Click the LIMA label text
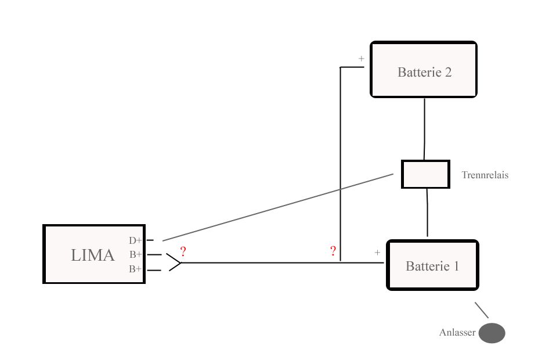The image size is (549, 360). coord(93,255)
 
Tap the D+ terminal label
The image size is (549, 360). coord(135,240)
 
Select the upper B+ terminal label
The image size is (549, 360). coord(135,254)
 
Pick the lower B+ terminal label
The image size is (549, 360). coord(135,269)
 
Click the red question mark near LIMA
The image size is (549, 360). coord(183,252)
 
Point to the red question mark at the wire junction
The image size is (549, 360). coord(333,251)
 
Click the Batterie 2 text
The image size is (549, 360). coord(424,73)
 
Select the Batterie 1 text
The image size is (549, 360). coord(432,267)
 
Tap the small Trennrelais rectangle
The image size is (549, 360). coord(425,174)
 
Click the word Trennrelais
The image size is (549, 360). coord(485,175)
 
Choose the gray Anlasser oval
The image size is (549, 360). coord(492,333)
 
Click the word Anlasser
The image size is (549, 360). coord(457,333)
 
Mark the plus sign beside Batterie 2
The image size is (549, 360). coord(361,59)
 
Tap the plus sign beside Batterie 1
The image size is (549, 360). coord(377,253)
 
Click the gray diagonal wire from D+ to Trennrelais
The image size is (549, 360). coord(279,206)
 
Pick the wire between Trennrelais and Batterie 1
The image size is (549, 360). coord(427,213)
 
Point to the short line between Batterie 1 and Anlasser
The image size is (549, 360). coord(482,309)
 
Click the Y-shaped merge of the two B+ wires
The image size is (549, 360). coord(174,262)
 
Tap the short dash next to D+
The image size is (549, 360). coord(150,239)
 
